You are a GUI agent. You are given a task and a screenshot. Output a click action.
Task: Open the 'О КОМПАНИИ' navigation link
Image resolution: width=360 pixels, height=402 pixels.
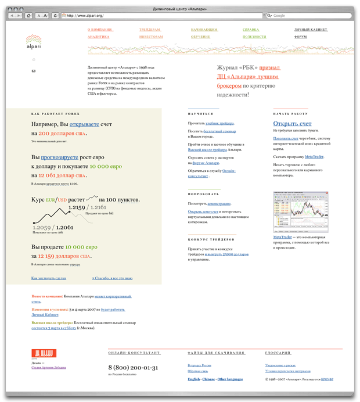pyautogui.click(x=100, y=28)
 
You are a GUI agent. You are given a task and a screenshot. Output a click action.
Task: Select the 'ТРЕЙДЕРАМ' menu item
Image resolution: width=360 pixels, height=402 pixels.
pyautogui.click(x=150, y=28)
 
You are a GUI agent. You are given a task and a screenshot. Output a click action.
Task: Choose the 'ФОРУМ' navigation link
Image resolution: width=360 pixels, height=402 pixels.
pyautogui.click(x=300, y=37)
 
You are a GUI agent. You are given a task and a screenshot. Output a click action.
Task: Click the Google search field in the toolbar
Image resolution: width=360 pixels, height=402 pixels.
pyautogui.click(x=308, y=16)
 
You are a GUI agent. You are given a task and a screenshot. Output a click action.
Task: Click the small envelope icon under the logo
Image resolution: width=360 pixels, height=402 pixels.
pyautogui.click(x=33, y=71)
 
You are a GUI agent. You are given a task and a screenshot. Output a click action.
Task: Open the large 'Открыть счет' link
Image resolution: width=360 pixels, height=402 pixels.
pyautogui.click(x=292, y=124)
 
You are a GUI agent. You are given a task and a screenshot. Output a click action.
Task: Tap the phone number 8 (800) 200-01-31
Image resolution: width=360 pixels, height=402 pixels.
pyautogui.click(x=133, y=368)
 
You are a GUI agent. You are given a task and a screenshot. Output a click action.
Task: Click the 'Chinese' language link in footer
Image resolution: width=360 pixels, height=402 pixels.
pyautogui.click(x=208, y=379)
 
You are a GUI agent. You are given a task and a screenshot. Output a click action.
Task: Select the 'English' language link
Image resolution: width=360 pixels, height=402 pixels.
pyautogui.click(x=193, y=379)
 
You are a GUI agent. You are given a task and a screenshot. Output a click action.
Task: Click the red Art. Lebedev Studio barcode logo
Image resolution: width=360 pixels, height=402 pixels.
pyautogui.click(x=44, y=353)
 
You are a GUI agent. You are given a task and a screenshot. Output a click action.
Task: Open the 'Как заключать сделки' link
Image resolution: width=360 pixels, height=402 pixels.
pyautogui.click(x=49, y=278)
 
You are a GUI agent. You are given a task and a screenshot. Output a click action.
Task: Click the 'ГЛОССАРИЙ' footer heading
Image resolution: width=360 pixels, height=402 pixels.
pyautogui.click(x=278, y=353)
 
